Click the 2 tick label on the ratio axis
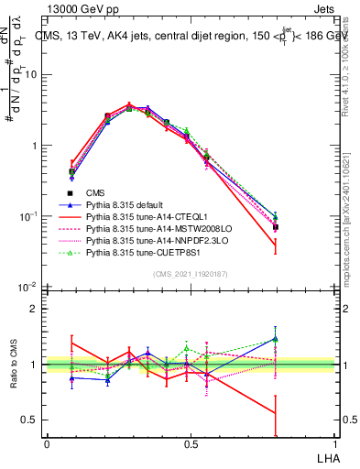[x=35, y=309]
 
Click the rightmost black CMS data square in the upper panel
[x=276, y=227]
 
